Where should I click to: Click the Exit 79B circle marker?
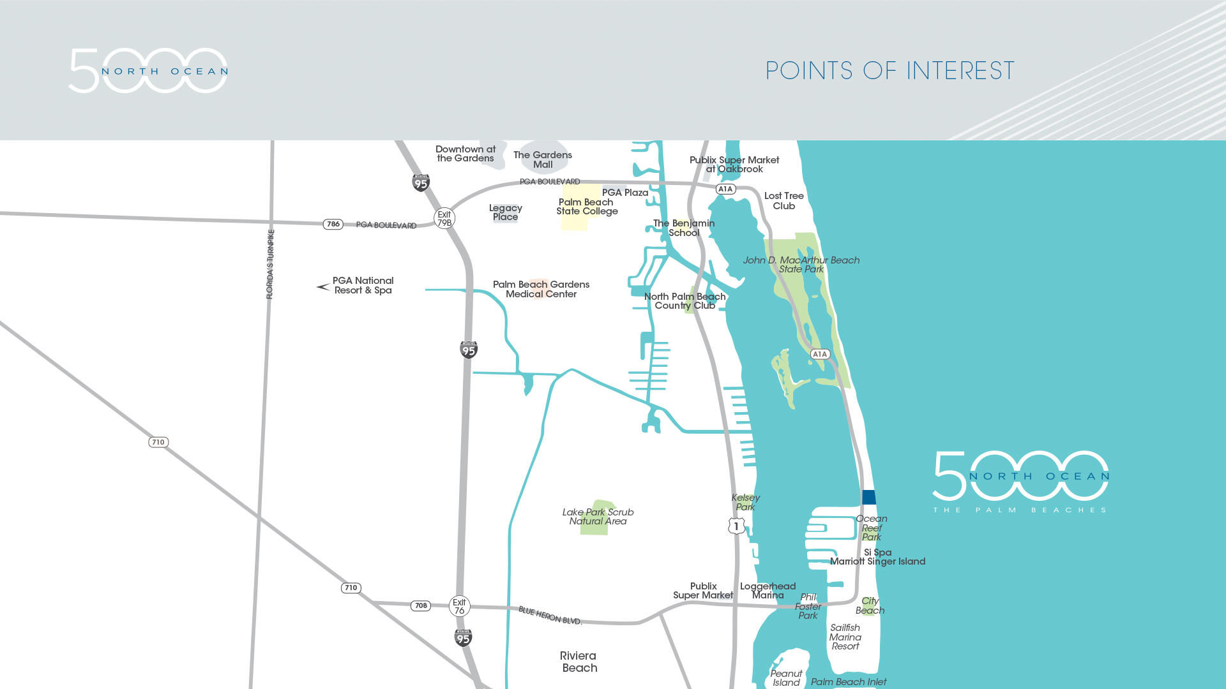pos(444,219)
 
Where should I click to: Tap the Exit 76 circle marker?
pos(459,606)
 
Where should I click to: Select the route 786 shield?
pos(333,224)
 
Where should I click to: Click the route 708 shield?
pos(420,605)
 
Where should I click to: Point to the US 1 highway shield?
pos(736,526)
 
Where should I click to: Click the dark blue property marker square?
pos(868,497)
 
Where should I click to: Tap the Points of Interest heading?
pos(889,71)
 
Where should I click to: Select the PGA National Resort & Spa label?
pos(363,285)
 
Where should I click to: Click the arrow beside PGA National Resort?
pos(323,287)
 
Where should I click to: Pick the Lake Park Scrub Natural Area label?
pos(598,517)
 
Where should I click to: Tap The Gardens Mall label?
pos(543,159)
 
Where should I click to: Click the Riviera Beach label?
pos(579,662)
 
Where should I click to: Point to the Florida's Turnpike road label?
pos(270,264)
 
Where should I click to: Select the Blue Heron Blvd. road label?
pos(550,616)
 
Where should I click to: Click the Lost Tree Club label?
pos(783,201)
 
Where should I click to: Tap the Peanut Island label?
pos(786,678)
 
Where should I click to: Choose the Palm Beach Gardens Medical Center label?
pos(541,289)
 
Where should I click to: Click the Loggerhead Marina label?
pos(768,591)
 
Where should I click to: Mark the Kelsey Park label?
pos(745,502)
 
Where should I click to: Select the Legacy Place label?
pos(505,212)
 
